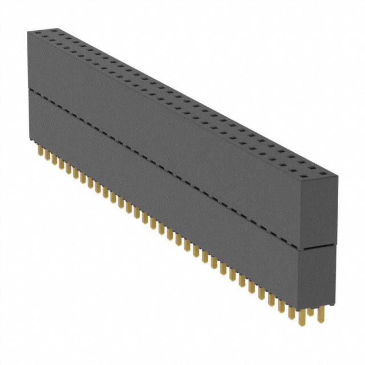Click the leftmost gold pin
pos(40,151)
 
